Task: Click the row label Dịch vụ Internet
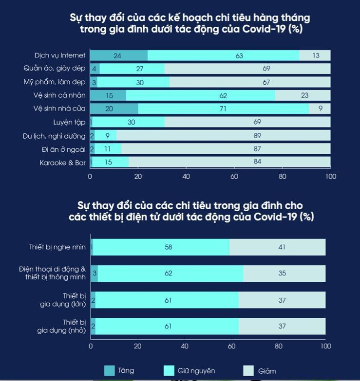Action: [x=59, y=56]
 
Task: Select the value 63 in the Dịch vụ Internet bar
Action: [x=239, y=56]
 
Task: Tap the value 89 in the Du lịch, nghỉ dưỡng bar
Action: [x=257, y=136]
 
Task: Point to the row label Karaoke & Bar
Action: [x=62, y=163]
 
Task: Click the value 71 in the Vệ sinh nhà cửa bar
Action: [x=223, y=109]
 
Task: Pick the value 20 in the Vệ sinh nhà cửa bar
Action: [x=109, y=109]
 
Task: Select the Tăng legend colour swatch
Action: [x=110, y=371]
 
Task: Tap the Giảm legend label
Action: [x=267, y=371]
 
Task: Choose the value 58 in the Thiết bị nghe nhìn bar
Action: [x=168, y=247]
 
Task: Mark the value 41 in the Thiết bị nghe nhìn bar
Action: [x=282, y=247]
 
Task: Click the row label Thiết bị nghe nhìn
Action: [x=57, y=247]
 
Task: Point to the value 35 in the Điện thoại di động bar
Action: [x=282, y=273]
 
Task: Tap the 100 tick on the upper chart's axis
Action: [x=331, y=176]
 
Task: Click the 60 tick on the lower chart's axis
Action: [x=232, y=346]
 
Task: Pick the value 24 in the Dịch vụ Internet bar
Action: [x=117, y=56]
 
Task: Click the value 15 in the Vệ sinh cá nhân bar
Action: [x=109, y=96]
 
